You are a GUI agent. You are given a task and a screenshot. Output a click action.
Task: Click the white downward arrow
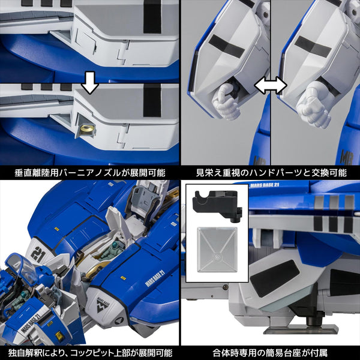(90, 85)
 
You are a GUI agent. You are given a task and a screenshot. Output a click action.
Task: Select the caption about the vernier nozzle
(90, 172)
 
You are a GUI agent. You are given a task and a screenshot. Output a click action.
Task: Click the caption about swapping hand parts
(271, 172)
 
